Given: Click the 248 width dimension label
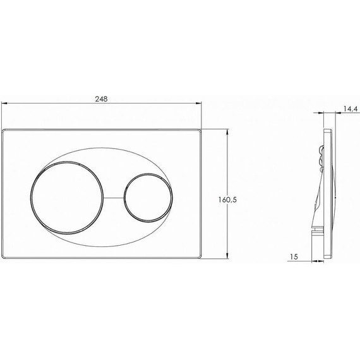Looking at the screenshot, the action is tap(101, 99).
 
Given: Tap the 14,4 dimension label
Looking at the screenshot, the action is tap(351, 109).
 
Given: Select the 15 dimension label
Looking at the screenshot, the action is tap(294, 256).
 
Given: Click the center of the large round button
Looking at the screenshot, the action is tap(67, 198).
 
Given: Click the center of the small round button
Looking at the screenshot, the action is tap(148, 198).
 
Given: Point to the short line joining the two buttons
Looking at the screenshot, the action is tap(114, 198).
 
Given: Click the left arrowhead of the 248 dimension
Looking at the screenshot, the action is tap(4, 104).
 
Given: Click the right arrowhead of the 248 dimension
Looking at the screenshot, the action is tap(198, 104).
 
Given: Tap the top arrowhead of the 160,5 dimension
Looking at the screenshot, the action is tap(227, 132).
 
